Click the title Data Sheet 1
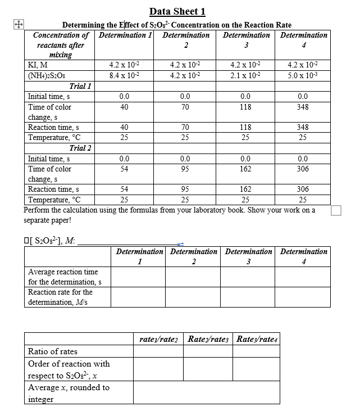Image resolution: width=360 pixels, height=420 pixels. point(177,11)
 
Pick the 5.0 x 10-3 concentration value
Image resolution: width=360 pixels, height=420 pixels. point(303,75)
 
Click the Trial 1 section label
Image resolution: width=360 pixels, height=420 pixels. point(80,86)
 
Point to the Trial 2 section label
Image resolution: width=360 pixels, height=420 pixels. point(80,148)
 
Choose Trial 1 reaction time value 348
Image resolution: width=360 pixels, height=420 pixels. point(303,127)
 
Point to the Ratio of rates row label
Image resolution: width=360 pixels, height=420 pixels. point(53,351)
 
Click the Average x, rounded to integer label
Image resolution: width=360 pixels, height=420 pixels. point(69,393)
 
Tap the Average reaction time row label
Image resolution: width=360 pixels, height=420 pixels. point(63,277)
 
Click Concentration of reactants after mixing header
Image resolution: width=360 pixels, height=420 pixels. point(60,44)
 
